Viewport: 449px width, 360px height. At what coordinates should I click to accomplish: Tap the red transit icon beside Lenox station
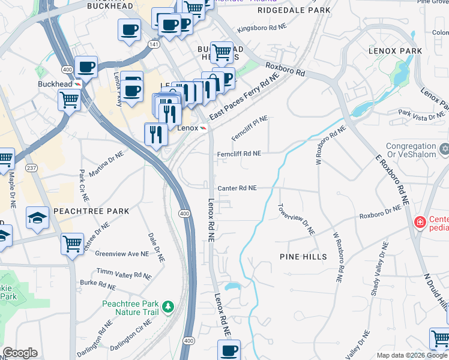coord(203,128)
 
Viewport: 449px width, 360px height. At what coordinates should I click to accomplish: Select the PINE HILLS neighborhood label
coord(303,257)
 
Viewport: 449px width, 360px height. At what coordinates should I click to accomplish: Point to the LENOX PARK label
coord(396,51)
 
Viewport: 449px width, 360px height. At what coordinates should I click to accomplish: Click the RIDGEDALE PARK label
coord(294,11)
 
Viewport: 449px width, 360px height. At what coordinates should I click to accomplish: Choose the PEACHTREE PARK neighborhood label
coord(91,211)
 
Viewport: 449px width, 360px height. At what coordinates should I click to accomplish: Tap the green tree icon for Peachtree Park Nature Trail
coord(169,307)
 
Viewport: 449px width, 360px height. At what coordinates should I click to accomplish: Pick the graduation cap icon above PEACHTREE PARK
coord(37,217)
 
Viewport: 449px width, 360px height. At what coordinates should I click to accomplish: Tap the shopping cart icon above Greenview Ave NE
coord(72,244)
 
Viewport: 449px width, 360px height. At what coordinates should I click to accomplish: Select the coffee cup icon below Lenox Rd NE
coord(228,350)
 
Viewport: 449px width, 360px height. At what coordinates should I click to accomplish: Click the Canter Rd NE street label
coord(237,188)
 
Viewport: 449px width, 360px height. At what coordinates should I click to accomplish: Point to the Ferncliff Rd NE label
coord(239,154)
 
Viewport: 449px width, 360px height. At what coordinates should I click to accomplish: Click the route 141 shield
coord(154,44)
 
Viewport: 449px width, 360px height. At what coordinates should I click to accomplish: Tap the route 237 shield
coord(29,168)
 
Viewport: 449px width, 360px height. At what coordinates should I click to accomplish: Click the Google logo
coord(20,353)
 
